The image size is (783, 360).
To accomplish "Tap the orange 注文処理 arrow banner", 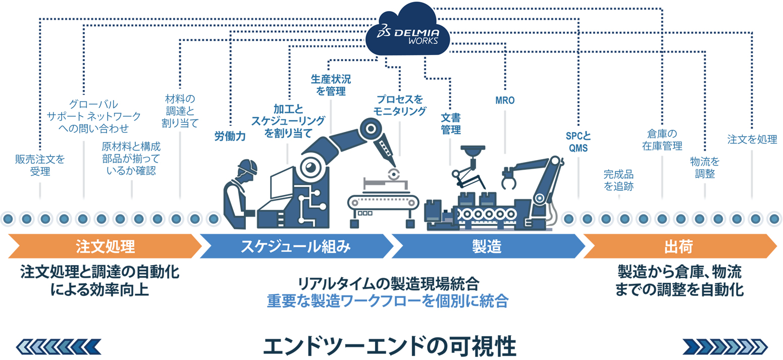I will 105,246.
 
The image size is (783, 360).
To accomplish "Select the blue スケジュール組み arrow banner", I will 295,246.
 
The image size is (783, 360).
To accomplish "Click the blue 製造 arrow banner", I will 486,246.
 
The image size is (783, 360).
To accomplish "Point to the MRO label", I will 505,100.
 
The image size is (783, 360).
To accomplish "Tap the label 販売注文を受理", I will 40,165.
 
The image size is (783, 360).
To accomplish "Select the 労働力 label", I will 230,136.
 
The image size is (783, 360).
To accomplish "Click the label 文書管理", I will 450,124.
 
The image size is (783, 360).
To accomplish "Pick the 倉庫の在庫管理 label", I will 662,140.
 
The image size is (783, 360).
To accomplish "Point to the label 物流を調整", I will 705,168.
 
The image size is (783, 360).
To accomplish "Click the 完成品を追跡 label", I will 618,180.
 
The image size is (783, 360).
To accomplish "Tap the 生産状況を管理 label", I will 331,85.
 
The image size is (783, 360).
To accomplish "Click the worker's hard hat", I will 248,166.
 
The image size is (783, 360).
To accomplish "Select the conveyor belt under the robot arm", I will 383,202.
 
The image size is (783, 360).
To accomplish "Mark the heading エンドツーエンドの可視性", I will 390,346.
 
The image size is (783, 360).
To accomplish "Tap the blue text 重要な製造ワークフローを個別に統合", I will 387,301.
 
